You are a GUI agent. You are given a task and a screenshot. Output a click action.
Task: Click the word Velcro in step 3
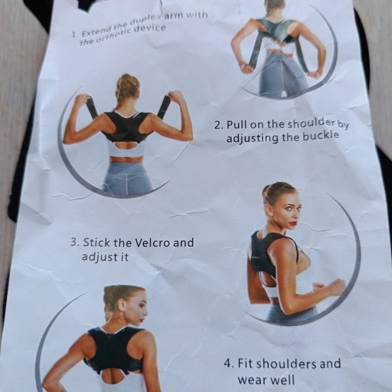(152, 243)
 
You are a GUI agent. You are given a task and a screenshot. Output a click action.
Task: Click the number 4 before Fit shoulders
(227, 363)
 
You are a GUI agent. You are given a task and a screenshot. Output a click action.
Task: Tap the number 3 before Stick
(74, 242)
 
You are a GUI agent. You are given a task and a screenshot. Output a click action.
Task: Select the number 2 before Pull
(218, 125)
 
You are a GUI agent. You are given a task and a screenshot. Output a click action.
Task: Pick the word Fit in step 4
(244, 363)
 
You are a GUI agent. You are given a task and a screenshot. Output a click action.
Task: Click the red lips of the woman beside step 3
(293, 223)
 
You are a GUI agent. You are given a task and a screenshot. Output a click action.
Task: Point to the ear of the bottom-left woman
(122, 304)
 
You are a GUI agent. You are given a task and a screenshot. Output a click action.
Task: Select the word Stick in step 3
(96, 242)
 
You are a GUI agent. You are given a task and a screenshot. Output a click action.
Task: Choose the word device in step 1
(150, 29)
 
